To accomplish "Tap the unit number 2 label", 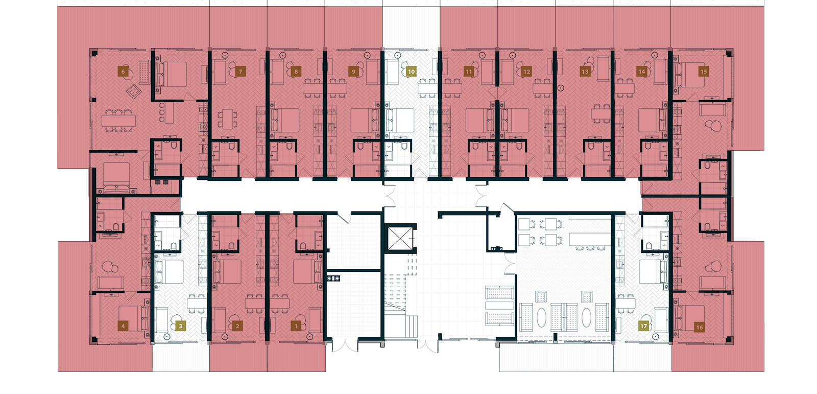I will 237,326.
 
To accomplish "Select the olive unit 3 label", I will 180,326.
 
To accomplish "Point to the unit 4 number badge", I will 123,326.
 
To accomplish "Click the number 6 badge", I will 123,72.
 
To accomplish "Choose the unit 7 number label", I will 241,72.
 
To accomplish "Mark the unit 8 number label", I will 296,72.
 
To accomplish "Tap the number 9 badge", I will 353,72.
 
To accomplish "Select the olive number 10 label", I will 411,72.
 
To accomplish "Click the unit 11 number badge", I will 468,72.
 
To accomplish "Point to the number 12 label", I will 526,72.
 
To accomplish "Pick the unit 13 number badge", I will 585,72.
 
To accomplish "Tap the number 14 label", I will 642,72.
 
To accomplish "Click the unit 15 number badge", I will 704,72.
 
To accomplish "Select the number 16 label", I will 699,327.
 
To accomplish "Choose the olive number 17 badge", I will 643,326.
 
